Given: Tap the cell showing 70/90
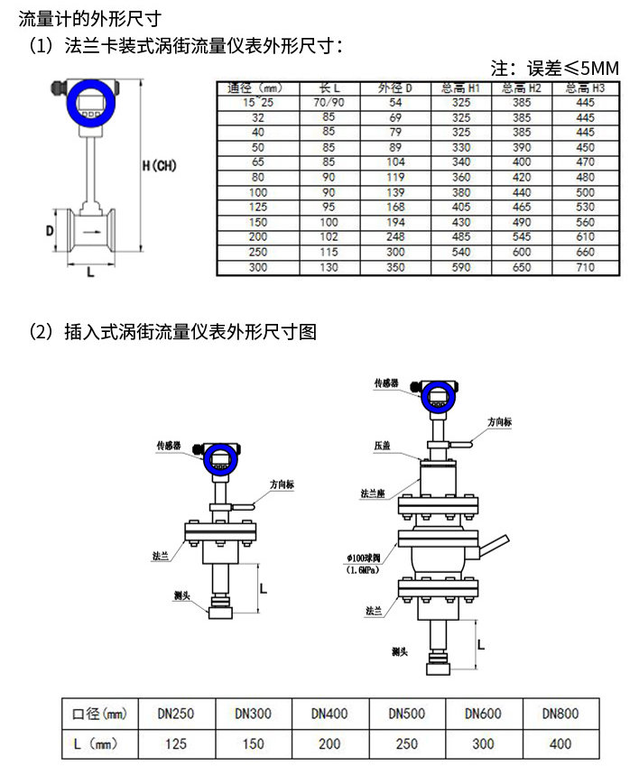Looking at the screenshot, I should [329, 103].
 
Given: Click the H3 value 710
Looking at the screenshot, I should [585, 268].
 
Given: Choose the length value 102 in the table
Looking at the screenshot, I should [329, 237].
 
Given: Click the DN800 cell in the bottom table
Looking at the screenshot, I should [560, 713].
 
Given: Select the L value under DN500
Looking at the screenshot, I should [407, 744].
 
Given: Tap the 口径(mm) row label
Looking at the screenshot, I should [99, 713].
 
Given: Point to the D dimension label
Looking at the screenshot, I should [51, 230].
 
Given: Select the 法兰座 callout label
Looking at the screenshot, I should [373, 494].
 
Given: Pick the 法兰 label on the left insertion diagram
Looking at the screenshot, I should [161, 557].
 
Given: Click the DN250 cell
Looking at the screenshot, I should [176, 713].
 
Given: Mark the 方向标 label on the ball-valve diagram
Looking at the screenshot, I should [500, 421].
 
